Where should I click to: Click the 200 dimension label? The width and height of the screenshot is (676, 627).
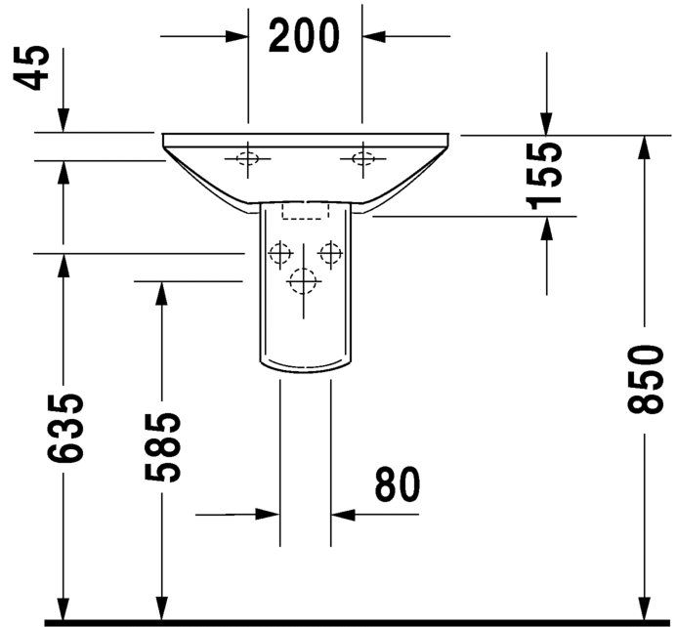point(304,36)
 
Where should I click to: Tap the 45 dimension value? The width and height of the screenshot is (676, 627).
point(31,68)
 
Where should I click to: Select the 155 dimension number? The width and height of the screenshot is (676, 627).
point(544,176)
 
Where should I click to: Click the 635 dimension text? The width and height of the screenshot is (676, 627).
point(64,429)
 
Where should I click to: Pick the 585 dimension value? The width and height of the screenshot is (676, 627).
point(162,447)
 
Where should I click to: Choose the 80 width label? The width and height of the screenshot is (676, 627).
point(397,484)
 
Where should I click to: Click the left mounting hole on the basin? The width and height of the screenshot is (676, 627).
point(247,158)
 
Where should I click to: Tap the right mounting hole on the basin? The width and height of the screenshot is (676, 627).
point(363,158)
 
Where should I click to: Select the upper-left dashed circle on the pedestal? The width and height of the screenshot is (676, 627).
point(280,253)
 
